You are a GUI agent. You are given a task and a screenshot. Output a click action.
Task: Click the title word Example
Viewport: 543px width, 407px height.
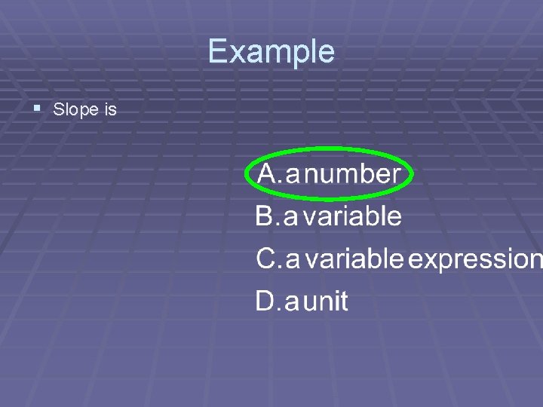(271, 52)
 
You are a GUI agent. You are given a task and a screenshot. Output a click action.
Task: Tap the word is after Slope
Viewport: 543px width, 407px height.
(110, 110)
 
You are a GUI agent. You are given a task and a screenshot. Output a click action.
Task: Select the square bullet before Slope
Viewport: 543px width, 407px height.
(38, 109)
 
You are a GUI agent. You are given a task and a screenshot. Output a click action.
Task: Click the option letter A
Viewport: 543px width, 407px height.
(268, 174)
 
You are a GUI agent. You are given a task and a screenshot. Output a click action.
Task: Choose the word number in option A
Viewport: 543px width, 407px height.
(356, 174)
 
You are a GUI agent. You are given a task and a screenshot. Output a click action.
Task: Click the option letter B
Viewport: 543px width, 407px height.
(265, 217)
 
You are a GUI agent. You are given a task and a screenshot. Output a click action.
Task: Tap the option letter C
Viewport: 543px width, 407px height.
(266, 259)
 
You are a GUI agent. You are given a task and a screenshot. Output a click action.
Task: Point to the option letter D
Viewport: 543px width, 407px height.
(266, 301)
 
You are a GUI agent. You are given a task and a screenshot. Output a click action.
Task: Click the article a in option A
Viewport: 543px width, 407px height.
(293, 176)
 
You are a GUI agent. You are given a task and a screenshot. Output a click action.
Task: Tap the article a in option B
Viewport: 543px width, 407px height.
(290, 219)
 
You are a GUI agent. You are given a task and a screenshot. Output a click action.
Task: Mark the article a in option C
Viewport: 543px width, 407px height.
(293, 261)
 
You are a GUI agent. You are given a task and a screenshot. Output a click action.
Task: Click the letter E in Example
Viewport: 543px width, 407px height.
(216, 51)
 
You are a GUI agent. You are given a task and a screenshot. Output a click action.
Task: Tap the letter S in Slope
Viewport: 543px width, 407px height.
(59, 110)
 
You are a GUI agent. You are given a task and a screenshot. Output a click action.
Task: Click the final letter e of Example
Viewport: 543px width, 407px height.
(326, 54)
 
